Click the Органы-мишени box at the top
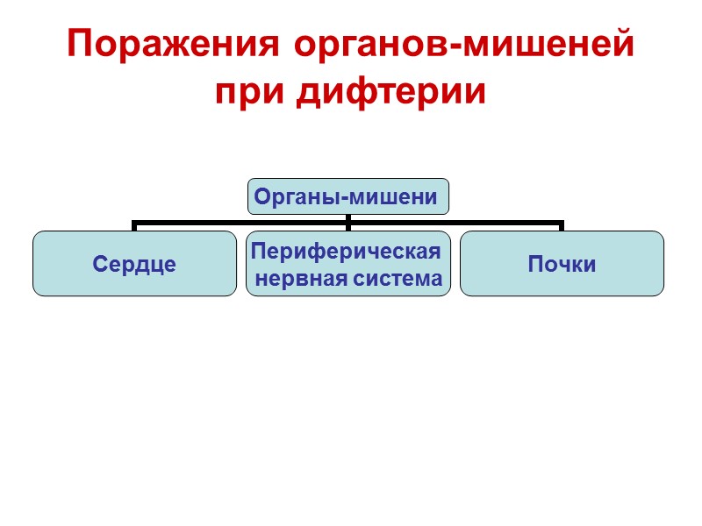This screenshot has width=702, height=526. (348, 197)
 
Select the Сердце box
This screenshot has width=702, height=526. (134, 263)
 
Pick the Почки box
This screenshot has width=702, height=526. (562, 263)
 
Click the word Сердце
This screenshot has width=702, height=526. (134, 264)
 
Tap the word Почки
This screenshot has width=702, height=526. (562, 264)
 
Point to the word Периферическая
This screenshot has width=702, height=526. (345, 252)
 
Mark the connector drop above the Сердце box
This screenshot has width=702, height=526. (134, 225)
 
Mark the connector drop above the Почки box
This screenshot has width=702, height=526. (562, 225)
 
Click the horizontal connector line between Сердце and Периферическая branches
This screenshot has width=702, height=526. (241, 221)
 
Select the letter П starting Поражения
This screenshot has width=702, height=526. (80, 44)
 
